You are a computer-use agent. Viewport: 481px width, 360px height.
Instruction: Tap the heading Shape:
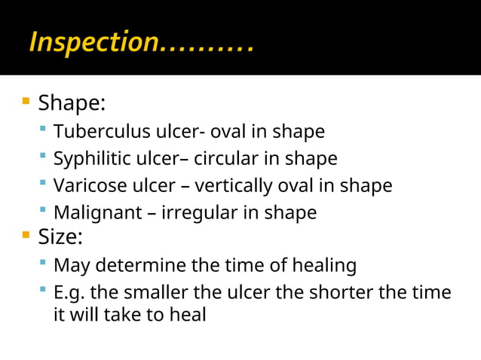click(x=72, y=102)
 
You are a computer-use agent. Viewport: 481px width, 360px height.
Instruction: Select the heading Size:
click(x=60, y=237)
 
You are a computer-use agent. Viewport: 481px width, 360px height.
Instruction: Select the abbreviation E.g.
click(x=70, y=292)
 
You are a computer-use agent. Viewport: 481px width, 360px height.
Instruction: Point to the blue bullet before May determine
click(x=44, y=264)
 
